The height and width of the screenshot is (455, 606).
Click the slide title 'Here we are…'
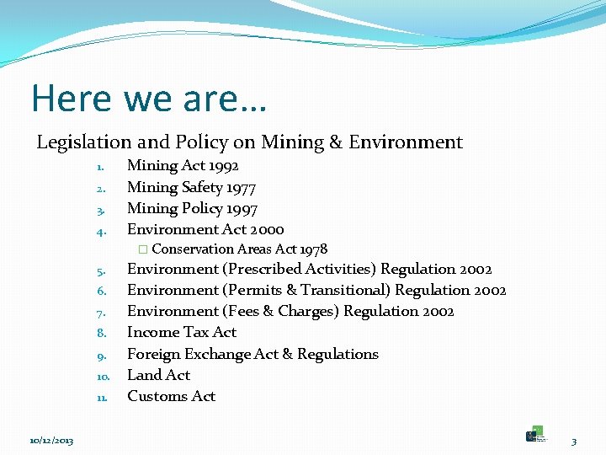[149, 99]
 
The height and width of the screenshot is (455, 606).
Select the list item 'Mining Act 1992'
[183, 166]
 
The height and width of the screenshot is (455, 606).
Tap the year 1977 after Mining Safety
[241, 187]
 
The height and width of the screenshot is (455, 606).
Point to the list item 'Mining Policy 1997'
[192, 208]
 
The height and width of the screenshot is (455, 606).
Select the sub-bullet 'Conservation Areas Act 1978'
[239, 249]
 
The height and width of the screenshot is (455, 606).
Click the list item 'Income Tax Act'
[182, 333]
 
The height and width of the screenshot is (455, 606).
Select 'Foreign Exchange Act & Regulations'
[252, 354]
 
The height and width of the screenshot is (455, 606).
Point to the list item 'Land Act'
[158, 375]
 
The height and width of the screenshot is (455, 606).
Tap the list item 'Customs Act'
[171, 396]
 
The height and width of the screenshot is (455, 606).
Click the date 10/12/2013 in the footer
[51, 441]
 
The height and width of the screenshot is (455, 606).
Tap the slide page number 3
[574, 441]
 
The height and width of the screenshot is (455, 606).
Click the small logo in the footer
[535, 435]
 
